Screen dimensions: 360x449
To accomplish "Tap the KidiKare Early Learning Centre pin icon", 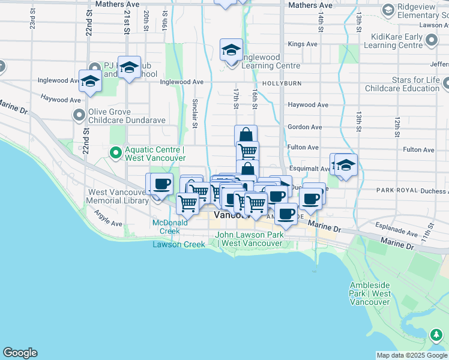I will (432, 40).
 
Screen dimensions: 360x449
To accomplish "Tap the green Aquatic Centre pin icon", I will (115, 153).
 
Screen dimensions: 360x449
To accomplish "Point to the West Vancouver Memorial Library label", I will (118, 196).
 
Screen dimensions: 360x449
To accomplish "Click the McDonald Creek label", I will (166, 226).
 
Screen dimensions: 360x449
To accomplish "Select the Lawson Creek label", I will (178, 244).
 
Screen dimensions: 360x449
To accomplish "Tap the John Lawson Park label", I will (249, 239).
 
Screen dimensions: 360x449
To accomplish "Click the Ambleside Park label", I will (369, 293).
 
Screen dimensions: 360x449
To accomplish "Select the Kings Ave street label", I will (303, 44).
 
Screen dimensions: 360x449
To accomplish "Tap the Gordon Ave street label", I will (304, 127).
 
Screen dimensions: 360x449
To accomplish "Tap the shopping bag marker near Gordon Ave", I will (246, 134).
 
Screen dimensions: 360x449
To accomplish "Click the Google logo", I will (20, 353).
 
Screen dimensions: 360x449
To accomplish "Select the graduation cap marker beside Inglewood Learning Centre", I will (231, 50).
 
